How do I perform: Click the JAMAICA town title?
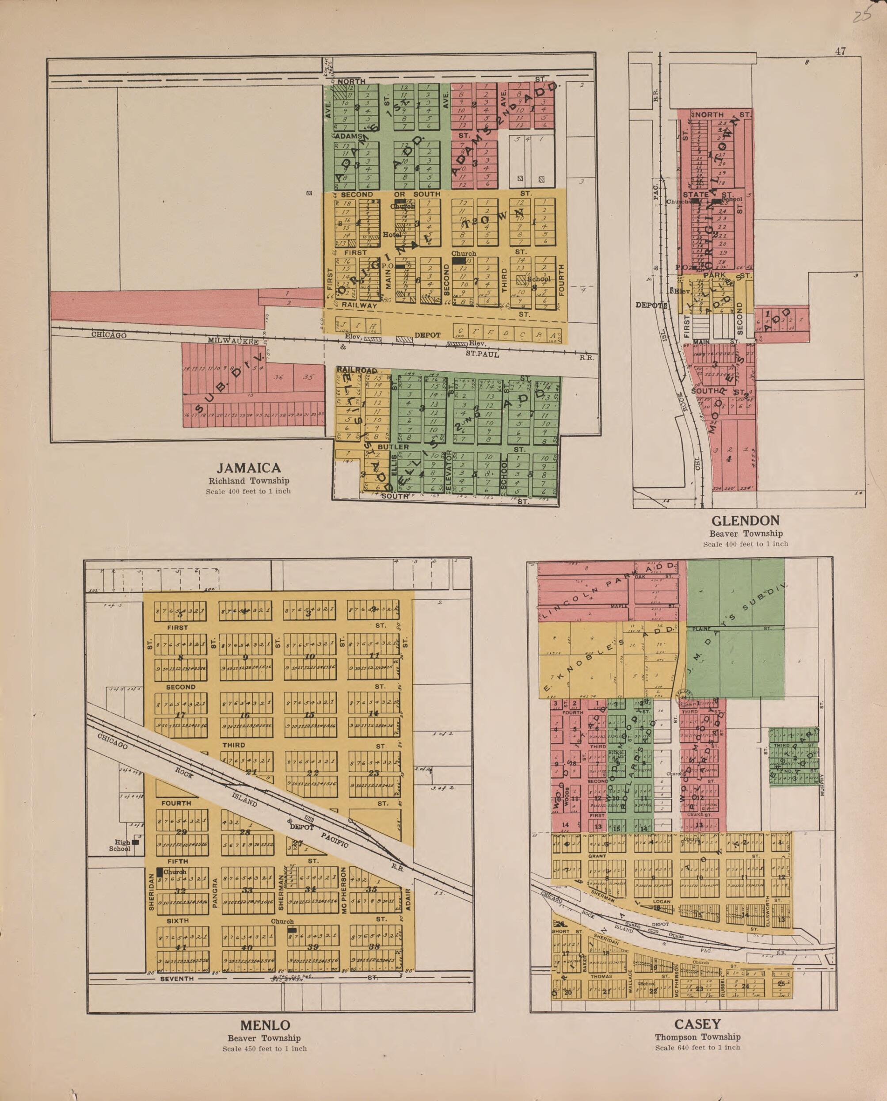pyautogui.click(x=249, y=468)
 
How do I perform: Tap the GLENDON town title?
pyautogui.click(x=746, y=521)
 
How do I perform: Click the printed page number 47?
pyautogui.click(x=840, y=51)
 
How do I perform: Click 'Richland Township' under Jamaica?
pyautogui.click(x=249, y=481)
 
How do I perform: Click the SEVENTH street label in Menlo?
pyautogui.click(x=177, y=979)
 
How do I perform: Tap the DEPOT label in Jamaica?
pyautogui.click(x=427, y=335)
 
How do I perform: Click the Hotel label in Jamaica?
pyautogui.click(x=392, y=235)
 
